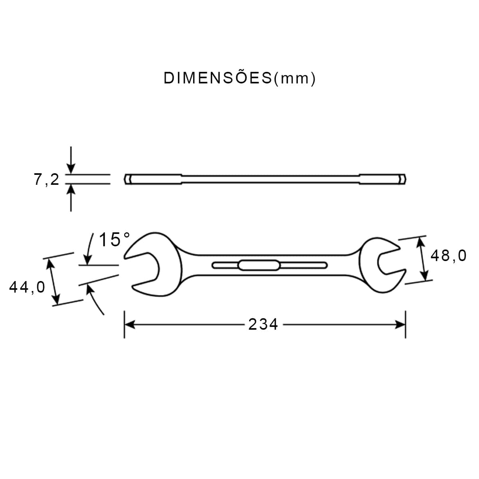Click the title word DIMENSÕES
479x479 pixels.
[218, 78]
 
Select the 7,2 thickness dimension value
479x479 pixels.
[46, 180]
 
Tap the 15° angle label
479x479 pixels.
[114, 240]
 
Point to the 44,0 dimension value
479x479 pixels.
[27, 287]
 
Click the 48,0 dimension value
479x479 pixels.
[448, 255]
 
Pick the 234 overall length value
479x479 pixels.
[263, 325]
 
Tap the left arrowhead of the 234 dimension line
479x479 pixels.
[130, 325]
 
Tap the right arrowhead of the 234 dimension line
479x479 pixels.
[400, 325]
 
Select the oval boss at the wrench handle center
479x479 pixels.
[259, 265]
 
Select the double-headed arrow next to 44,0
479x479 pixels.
[53, 281]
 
